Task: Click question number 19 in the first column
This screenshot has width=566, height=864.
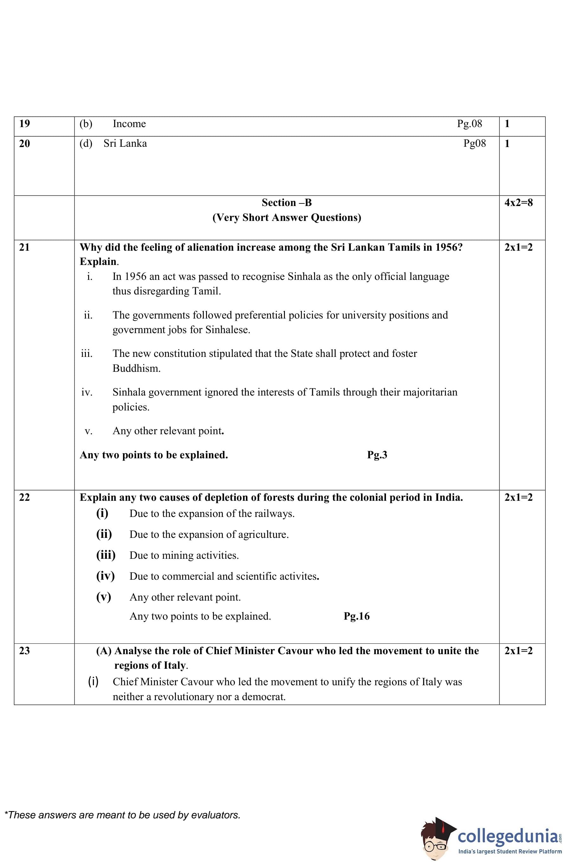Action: pos(24,124)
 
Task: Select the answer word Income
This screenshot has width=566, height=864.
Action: pos(129,124)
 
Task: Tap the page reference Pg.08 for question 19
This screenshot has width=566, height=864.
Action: pos(469,124)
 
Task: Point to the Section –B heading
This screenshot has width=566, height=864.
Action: pos(286,203)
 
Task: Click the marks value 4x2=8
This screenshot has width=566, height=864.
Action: pos(518,203)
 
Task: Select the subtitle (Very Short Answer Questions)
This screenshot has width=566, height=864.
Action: pos(286,217)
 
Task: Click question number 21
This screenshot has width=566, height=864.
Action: pos(24,247)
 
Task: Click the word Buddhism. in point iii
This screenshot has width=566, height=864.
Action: pos(136,369)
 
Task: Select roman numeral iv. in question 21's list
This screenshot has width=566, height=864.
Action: pos(87,392)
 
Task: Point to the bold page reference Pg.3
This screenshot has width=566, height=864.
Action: pos(377,455)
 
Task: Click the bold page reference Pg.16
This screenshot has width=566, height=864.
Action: pos(356,616)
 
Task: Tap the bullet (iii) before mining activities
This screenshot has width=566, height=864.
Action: pos(106,555)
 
